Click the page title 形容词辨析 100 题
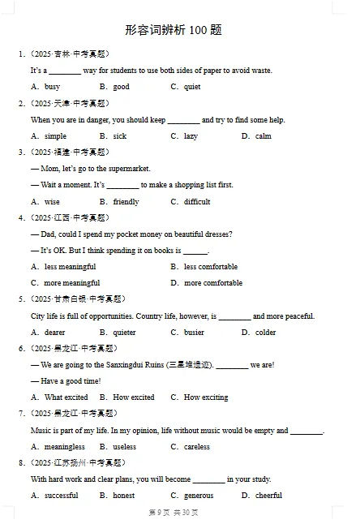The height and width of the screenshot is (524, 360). [174, 30]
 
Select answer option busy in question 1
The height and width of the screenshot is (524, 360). [52, 87]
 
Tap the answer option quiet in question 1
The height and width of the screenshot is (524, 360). [192, 87]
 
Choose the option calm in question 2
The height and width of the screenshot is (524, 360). [264, 136]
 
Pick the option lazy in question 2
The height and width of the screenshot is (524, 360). [191, 136]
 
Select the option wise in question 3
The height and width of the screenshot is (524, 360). [52, 202]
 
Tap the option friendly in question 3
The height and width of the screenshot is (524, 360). [126, 202]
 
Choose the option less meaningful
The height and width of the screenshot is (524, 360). [70, 267]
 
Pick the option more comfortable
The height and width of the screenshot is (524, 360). [213, 283]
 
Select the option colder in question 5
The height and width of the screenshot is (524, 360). [265, 333]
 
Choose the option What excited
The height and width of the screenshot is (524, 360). [66, 397]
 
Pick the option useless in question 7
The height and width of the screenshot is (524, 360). [124, 447]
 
